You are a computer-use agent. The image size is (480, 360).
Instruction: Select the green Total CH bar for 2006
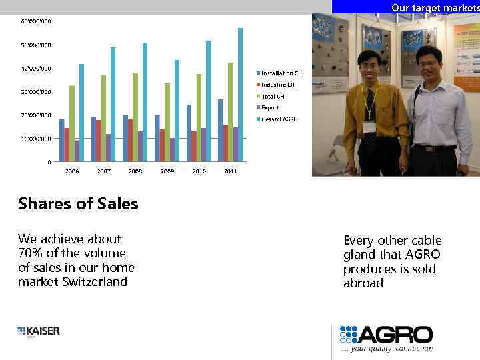(x=72, y=124)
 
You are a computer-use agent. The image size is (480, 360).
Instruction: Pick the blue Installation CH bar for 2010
(x=189, y=133)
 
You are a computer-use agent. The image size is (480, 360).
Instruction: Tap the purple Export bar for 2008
(x=140, y=147)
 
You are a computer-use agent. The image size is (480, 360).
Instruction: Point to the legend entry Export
(x=270, y=107)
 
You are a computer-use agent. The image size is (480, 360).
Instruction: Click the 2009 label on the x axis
(x=167, y=171)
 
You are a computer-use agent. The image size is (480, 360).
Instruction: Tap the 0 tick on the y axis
(x=49, y=162)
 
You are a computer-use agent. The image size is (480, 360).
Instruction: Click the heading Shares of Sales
(x=78, y=204)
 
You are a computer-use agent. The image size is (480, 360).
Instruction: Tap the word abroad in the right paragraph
(x=363, y=283)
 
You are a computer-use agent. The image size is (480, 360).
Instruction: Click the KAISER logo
(x=39, y=331)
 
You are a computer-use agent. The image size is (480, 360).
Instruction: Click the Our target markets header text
(x=434, y=7)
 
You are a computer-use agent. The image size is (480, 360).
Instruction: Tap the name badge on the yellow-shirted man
(x=369, y=127)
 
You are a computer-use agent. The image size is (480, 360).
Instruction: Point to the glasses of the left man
(x=369, y=65)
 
